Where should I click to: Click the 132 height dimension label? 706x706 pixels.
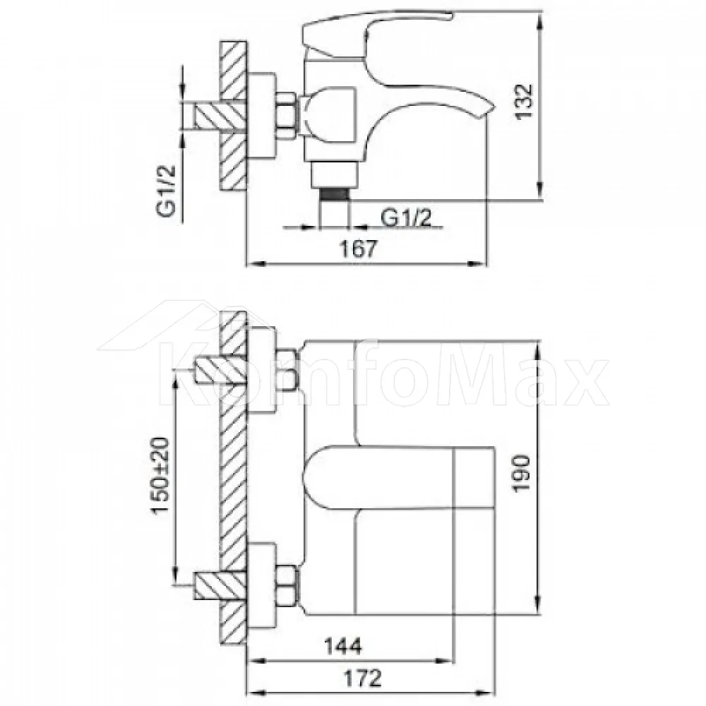[x=524, y=101]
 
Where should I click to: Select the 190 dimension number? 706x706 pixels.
[x=522, y=474]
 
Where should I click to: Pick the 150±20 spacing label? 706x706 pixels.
[x=161, y=475]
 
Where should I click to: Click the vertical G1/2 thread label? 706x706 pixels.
[x=166, y=191]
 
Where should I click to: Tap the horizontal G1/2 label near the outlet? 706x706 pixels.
[x=406, y=218]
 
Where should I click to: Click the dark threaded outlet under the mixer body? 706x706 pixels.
[x=334, y=193]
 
